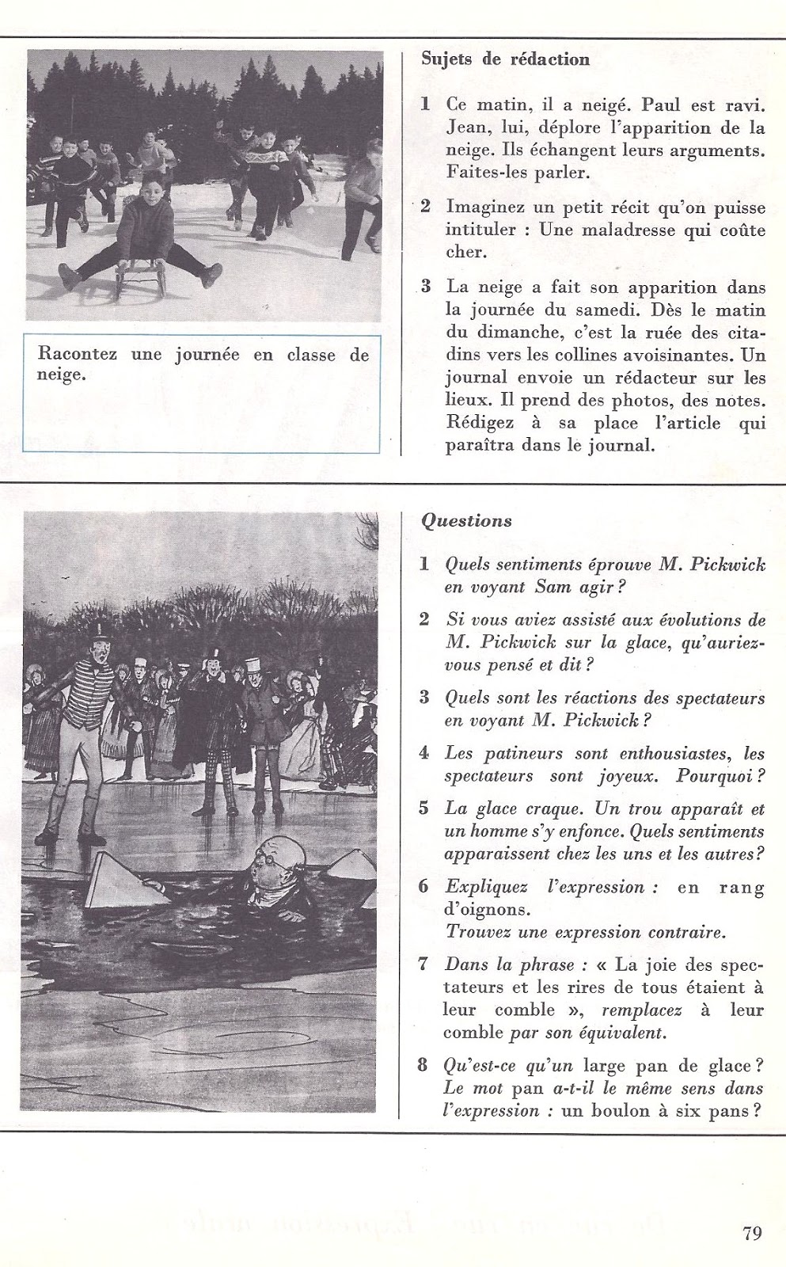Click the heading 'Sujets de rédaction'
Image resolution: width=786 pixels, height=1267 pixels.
tap(505, 59)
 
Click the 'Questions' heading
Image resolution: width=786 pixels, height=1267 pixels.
tap(466, 520)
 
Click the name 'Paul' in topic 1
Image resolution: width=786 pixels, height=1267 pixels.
tap(660, 105)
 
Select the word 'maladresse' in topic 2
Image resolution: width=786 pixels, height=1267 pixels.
tap(633, 230)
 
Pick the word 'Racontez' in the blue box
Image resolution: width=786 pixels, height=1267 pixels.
tap(77, 354)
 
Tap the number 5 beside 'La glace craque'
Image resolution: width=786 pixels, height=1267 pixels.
tap(424, 809)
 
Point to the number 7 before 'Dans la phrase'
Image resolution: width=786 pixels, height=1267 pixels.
tap(424, 965)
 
